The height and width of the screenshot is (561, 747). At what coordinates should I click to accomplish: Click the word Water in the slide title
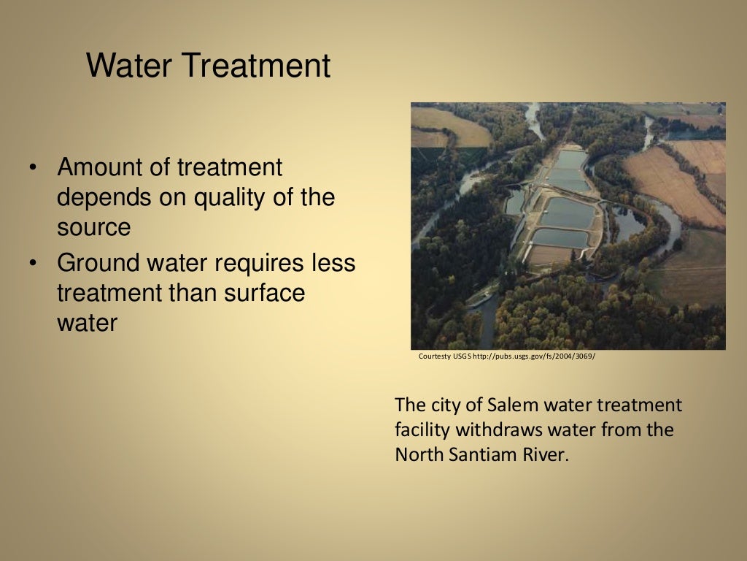point(128,66)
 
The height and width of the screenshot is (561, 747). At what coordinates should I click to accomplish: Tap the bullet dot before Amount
point(32,168)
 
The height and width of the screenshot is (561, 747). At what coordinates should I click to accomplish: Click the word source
point(94,228)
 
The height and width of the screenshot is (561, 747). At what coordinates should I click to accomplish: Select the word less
point(332,263)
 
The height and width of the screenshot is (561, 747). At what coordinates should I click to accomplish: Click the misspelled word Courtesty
point(434,356)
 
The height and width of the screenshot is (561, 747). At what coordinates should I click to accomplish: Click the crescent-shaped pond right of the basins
point(627,221)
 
